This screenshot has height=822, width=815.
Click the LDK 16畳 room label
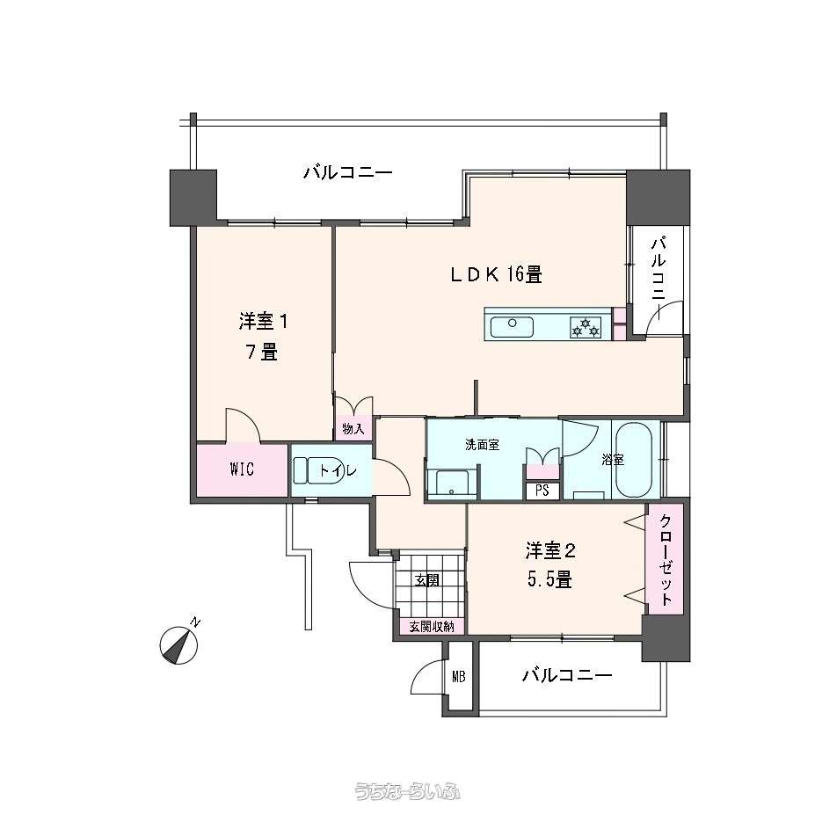(497, 274)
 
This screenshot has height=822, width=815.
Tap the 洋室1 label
(263, 322)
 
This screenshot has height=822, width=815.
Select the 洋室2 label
(551, 550)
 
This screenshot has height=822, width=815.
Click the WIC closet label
(242, 469)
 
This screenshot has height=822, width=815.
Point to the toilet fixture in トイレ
(318, 470)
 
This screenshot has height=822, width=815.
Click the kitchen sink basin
(512, 327)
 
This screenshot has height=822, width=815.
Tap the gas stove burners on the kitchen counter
(586, 327)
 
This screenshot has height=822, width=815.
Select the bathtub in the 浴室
(634, 460)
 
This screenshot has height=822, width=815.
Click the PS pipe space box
(542, 491)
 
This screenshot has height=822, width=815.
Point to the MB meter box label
(459, 677)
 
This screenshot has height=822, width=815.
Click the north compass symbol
(178, 644)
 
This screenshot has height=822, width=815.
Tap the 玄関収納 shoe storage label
(431, 627)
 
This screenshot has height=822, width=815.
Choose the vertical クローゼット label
(665, 559)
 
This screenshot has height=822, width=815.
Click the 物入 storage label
(353, 428)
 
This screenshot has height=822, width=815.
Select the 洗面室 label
(482, 445)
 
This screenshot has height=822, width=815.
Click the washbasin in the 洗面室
(452, 483)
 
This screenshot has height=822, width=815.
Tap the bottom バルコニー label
(566, 674)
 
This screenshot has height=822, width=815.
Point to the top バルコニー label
(348, 172)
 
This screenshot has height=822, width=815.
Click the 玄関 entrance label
(427, 580)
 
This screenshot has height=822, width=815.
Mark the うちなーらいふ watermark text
(407, 790)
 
